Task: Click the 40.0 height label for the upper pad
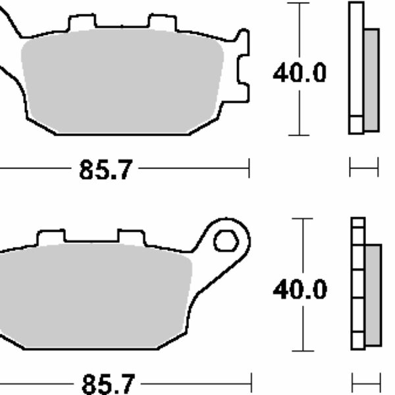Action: coord(300,73)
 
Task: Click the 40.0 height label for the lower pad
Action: coord(300,290)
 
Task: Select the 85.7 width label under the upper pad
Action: coord(106,169)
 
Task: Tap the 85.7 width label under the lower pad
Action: coord(109,384)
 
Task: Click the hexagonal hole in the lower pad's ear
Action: coord(226,241)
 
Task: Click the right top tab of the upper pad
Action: coord(163,22)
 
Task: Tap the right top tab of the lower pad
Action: coord(131,237)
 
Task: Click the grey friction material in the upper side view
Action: coord(371,80)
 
